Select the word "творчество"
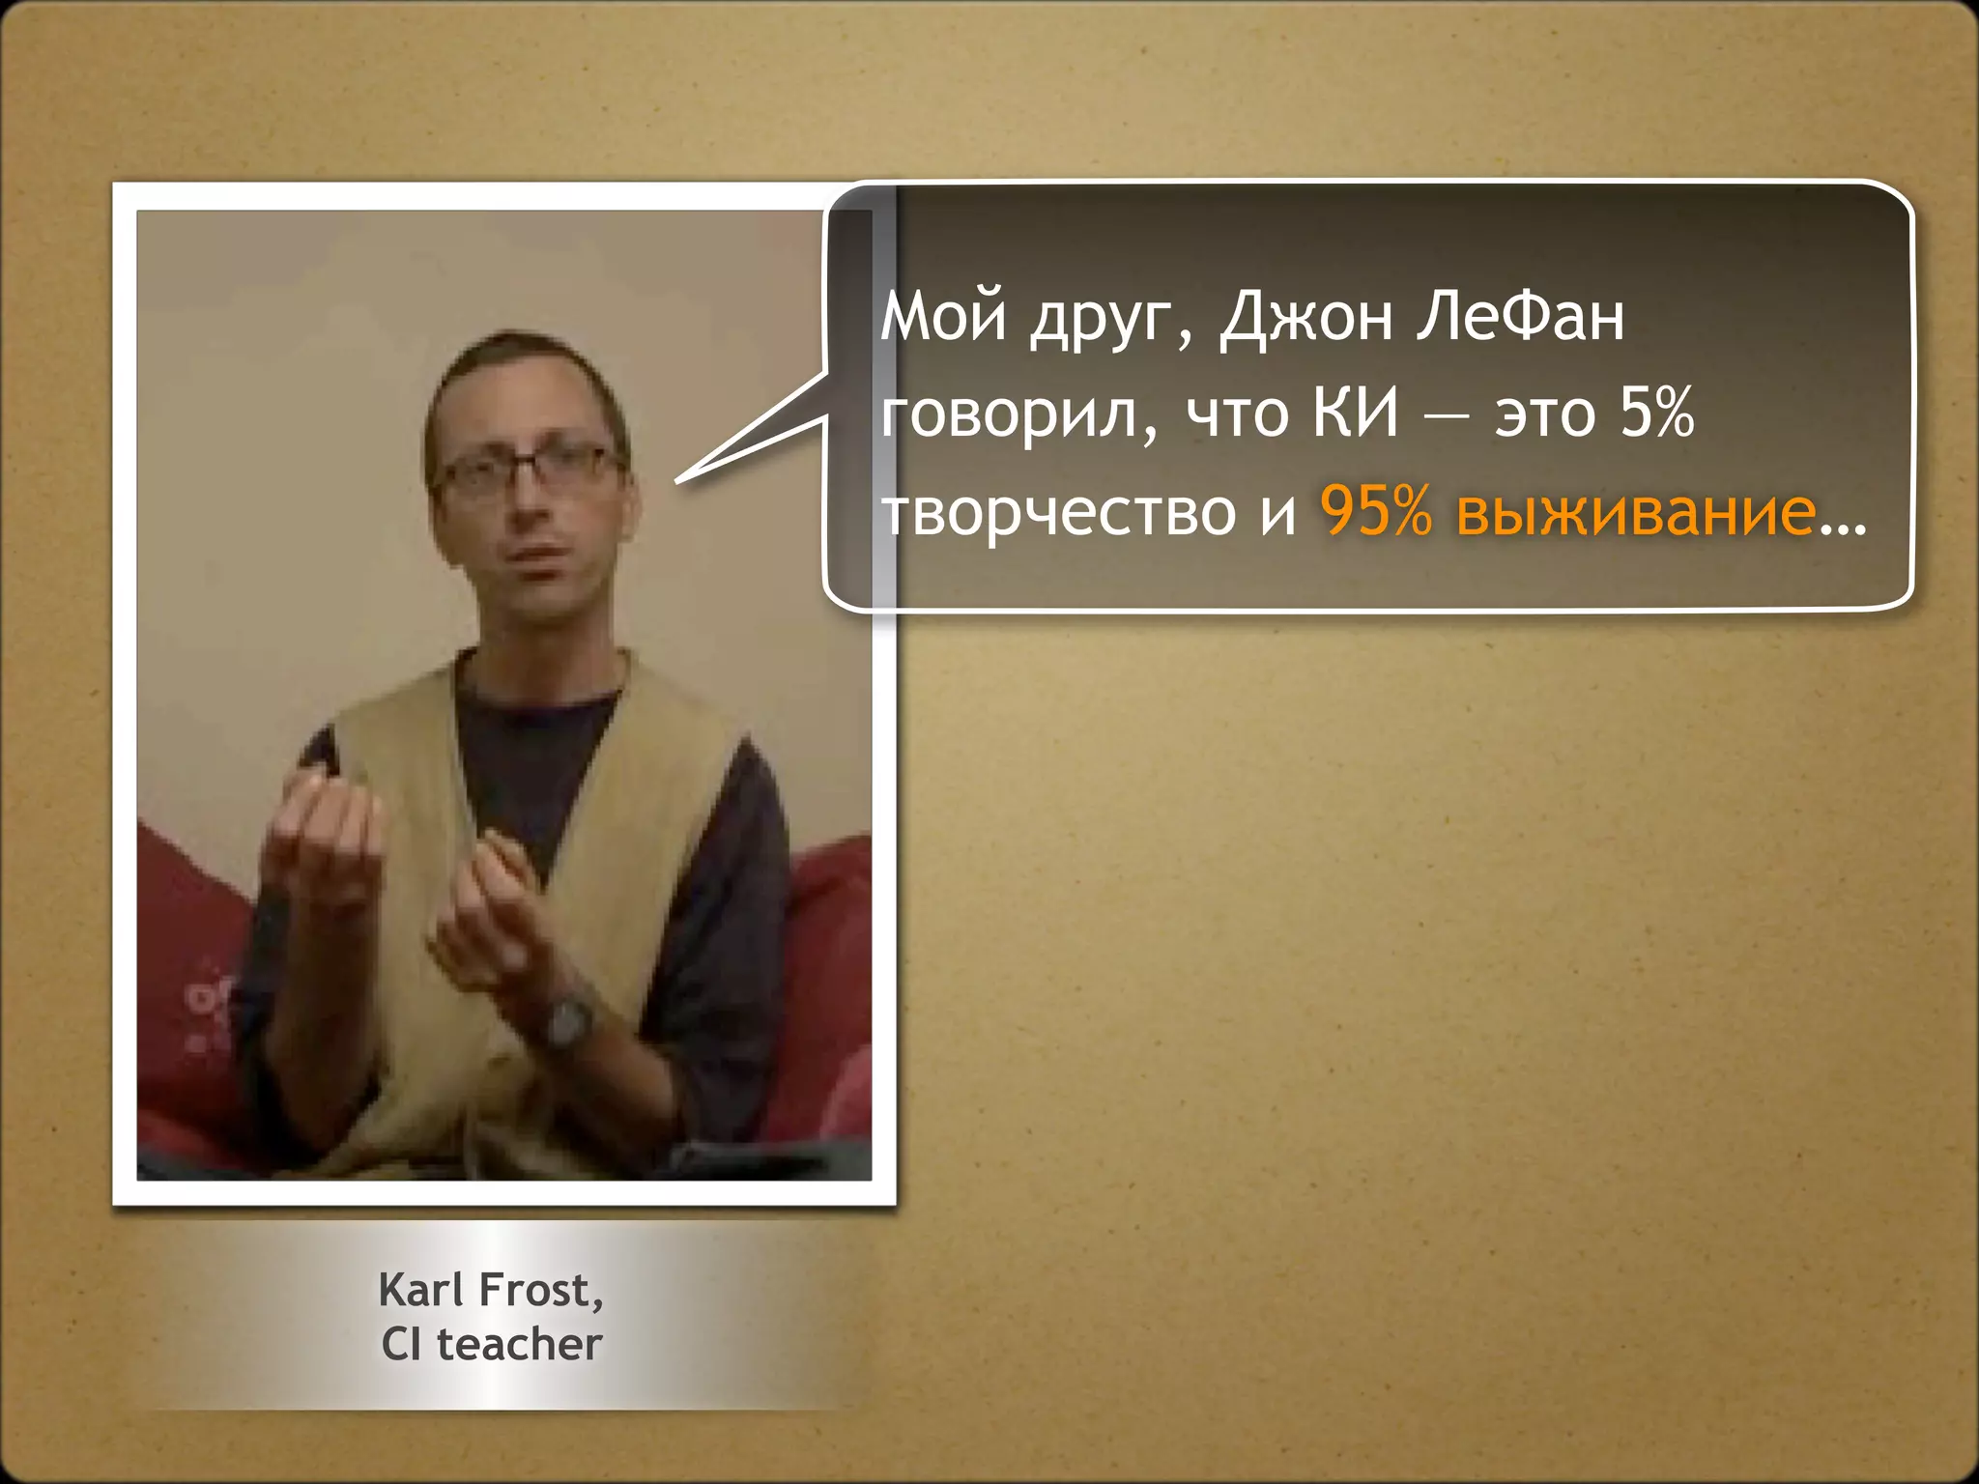1058,512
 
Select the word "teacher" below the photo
520,1344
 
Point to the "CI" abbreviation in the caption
401,1344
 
